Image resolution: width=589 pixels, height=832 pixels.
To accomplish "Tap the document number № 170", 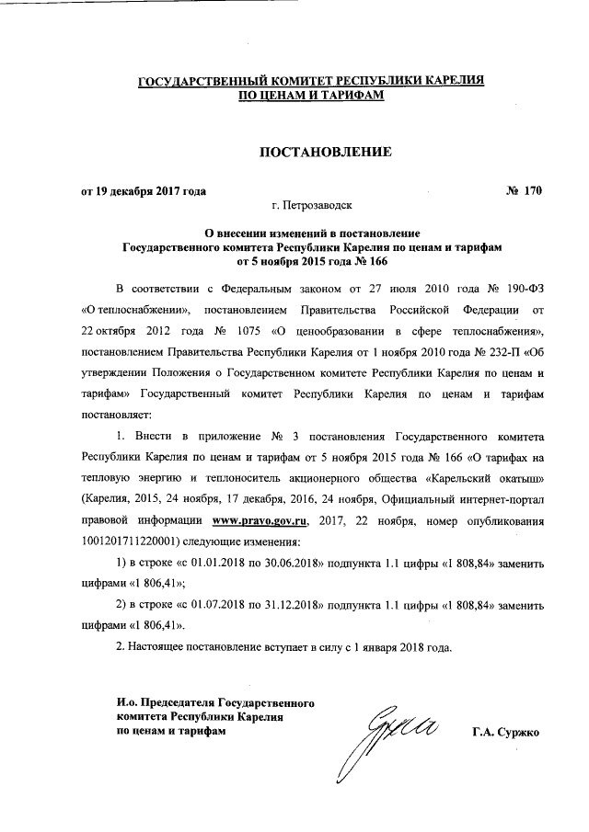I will click(524, 191).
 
